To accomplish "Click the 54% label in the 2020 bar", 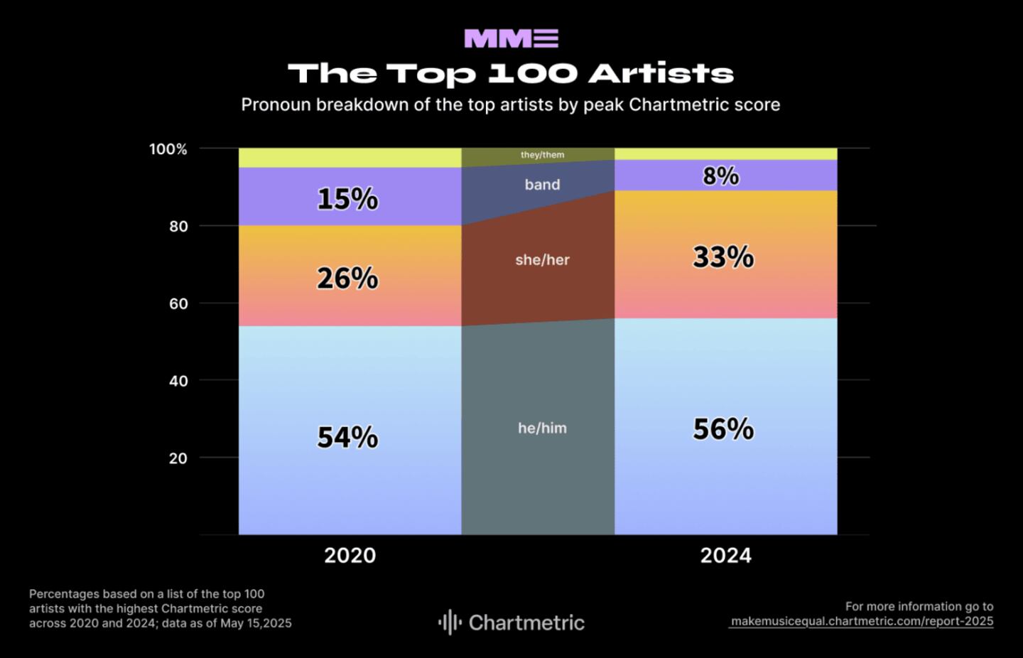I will point(347,437).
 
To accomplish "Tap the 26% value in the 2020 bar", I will point(347,279).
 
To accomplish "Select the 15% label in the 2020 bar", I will point(347,199).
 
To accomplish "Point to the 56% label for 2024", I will point(723,429).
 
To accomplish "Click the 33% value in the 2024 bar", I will point(723,257).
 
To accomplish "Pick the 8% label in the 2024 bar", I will point(721,176).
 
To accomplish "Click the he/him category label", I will point(542,428).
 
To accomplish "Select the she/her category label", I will point(542,259).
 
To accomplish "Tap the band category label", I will point(542,185).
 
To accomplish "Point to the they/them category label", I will point(542,155).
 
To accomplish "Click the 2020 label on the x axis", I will point(350,555).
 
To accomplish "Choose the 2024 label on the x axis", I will point(725,555).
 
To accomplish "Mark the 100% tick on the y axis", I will point(168,149).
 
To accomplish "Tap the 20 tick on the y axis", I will point(178,458).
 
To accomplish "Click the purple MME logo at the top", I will point(511,38).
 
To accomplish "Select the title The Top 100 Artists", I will point(511,73).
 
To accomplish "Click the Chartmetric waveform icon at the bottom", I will point(450,622).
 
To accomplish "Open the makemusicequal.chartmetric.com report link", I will point(862,621).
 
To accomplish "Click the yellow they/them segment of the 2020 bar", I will point(350,158).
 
